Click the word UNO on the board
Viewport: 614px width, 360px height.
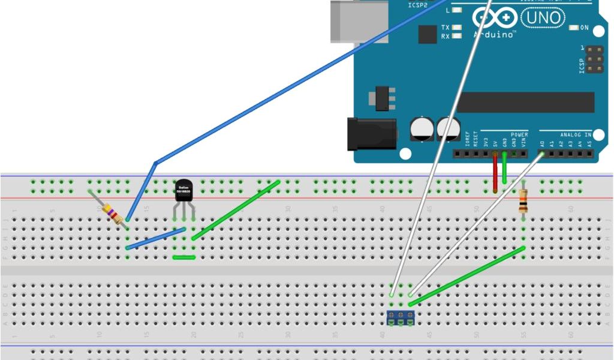(543, 18)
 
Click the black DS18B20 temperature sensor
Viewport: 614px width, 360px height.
(184, 191)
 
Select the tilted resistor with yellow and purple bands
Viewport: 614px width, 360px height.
(112, 212)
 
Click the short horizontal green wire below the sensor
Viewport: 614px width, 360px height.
(183, 257)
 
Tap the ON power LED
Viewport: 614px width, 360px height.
(574, 28)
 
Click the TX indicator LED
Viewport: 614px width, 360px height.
(458, 28)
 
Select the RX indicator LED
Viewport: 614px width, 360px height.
(458, 37)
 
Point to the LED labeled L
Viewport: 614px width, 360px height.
(458, 10)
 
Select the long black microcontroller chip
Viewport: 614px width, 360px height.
(525, 102)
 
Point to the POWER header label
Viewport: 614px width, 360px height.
(519, 134)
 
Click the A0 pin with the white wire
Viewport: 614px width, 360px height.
(543, 154)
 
